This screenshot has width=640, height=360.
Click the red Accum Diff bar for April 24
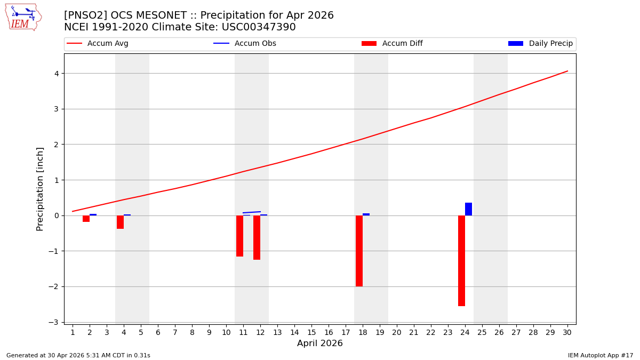[461, 260]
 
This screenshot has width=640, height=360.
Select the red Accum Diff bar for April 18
[359, 251]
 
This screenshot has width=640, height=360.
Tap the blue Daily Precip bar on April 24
[468, 209]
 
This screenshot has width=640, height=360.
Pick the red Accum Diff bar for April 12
[257, 237]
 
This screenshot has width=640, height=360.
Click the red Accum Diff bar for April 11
[239, 236]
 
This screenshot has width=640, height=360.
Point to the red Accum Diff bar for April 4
[120, 222]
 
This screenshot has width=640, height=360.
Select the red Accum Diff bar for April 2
[86, 219]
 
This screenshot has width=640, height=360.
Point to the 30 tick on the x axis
[567, 333]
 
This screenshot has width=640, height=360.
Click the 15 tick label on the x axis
[311, 333]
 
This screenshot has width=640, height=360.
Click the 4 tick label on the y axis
[56, 73]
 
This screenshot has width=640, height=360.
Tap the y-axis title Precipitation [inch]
[40, 189]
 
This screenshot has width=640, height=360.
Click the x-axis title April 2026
[320, 343]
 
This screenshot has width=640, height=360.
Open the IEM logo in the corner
[23, 17]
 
